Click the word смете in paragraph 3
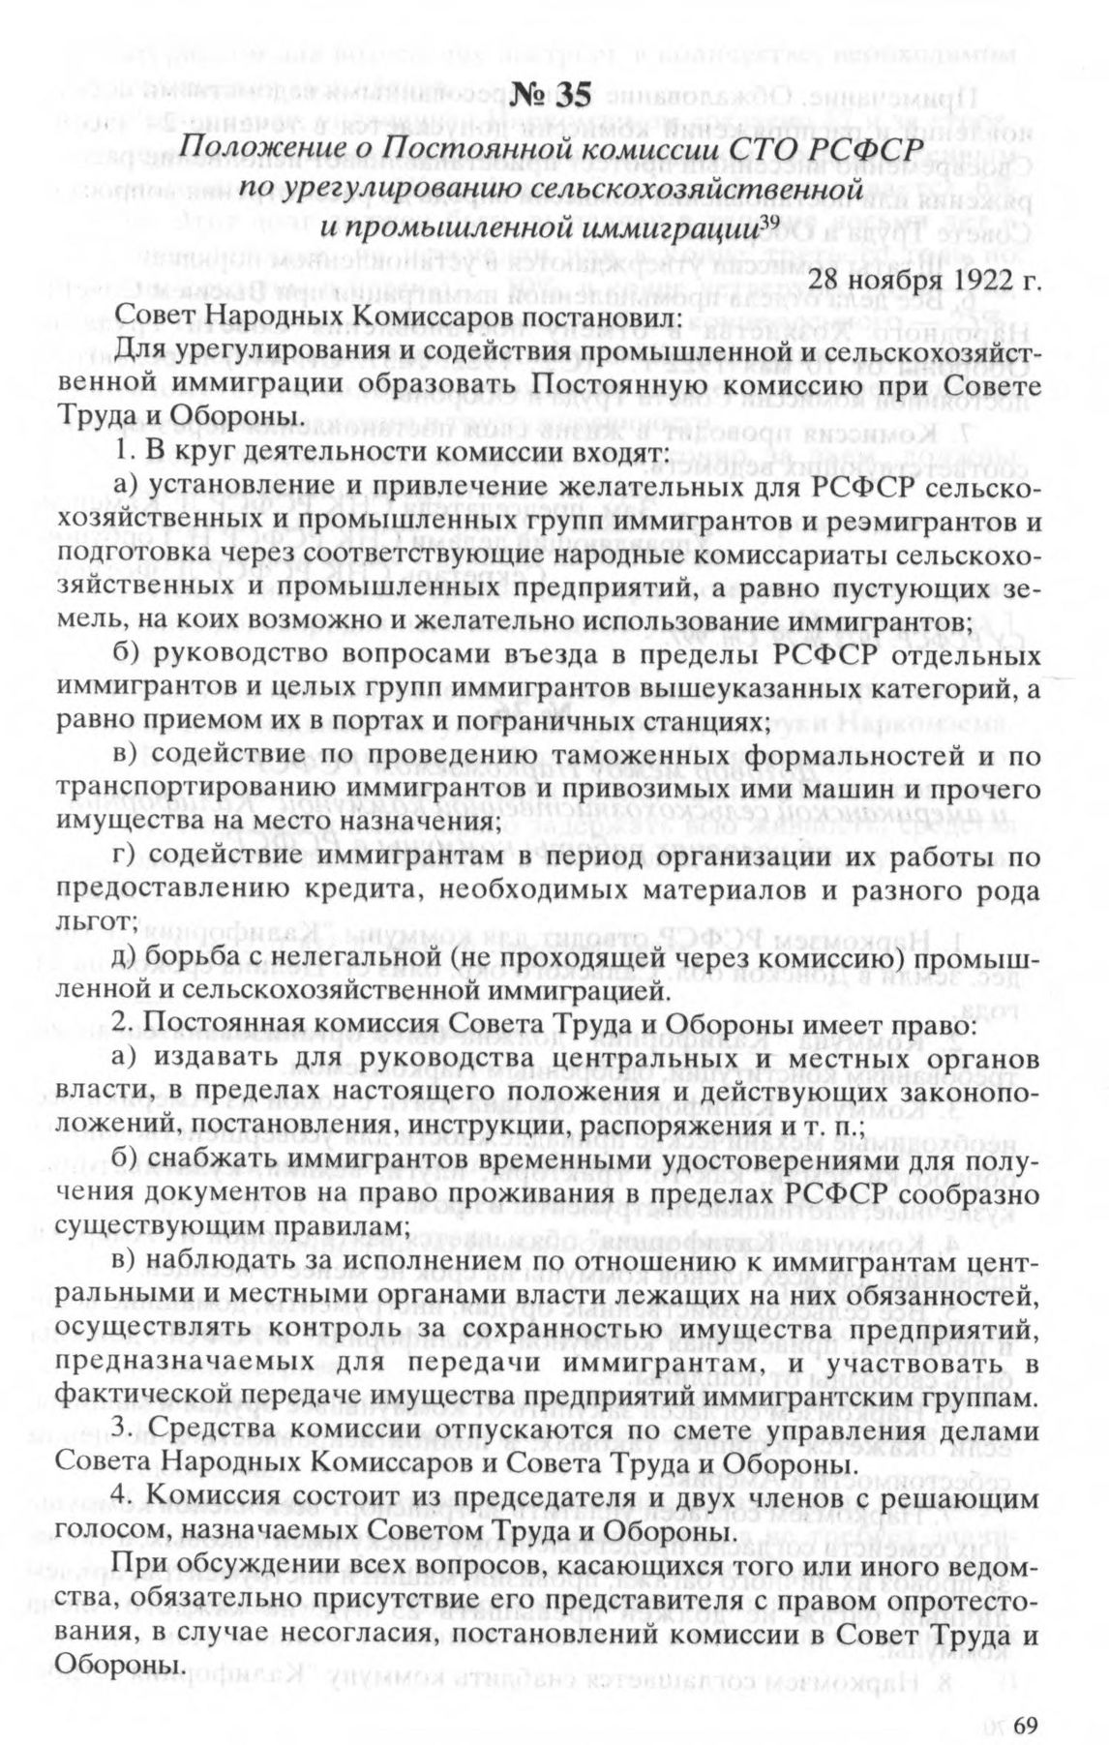(x=711, y=1430)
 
